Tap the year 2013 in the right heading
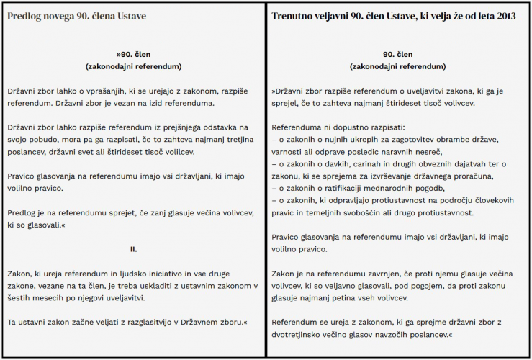[x=505, y=16]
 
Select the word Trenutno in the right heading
[x=293, y=16]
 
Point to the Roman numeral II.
[x=133, y=249]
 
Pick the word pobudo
[x=42, y=139]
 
